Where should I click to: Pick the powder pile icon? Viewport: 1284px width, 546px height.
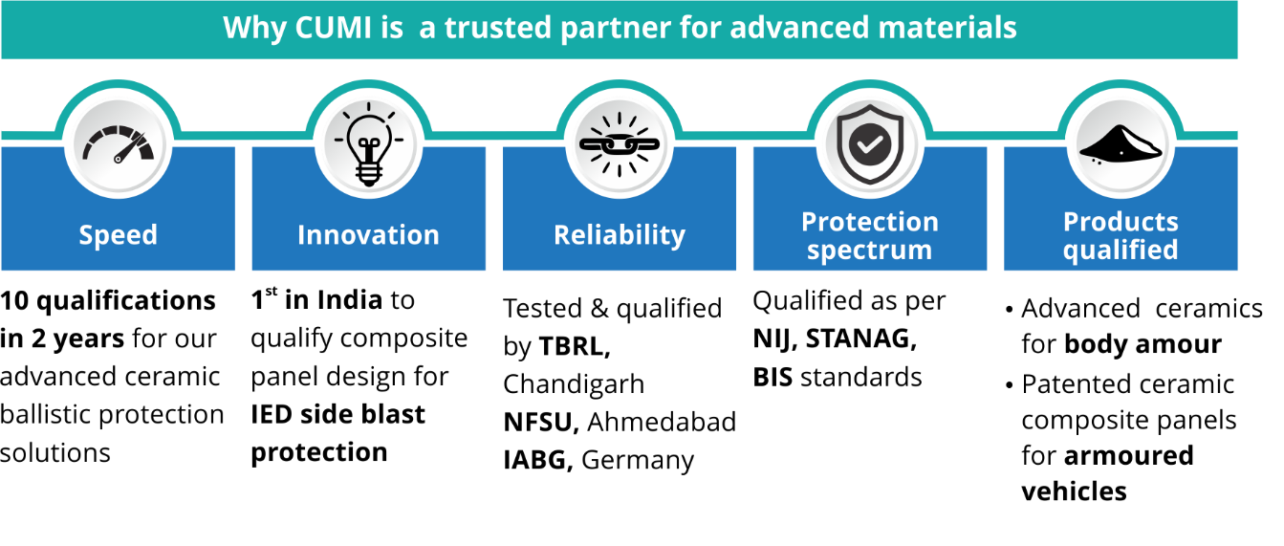(x=1120, y=145)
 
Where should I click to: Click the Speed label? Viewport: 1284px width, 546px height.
(x=119, y=235)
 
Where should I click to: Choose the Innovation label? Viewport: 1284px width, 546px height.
(x=368, y=235)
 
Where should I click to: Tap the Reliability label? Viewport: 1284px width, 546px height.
(x=620, y=235)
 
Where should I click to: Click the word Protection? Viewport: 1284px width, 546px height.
(x=870, y=222)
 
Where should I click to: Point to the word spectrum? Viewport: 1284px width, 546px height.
(x=869, y=251)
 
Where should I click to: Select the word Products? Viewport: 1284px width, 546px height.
(x=1121, y=222)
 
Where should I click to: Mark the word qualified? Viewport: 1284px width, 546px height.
(x=1121, y=251)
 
